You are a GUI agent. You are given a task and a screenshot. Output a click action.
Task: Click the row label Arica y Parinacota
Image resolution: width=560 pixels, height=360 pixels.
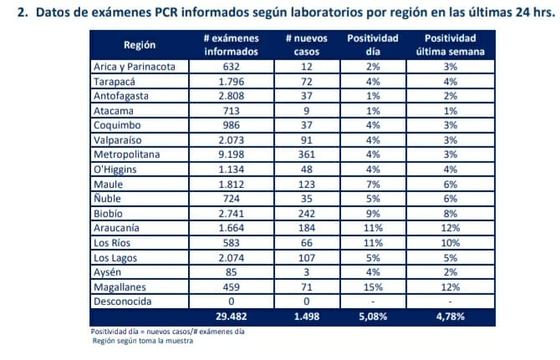pyautogui.click(x=134, y=66)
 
